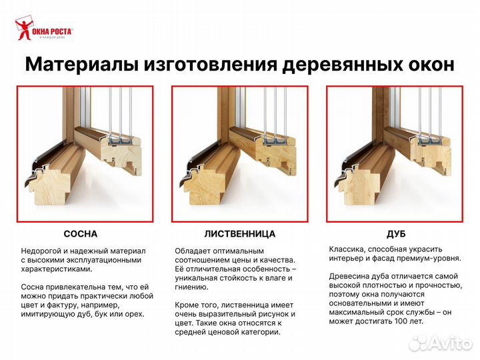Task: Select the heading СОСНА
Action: coord(80,234)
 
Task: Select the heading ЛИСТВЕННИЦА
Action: coord(239,234)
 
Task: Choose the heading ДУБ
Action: coord(396,234)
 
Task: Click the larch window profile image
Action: coord(239,154)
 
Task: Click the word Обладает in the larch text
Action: coord(193,251)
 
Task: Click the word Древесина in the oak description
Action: coord(349,276)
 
